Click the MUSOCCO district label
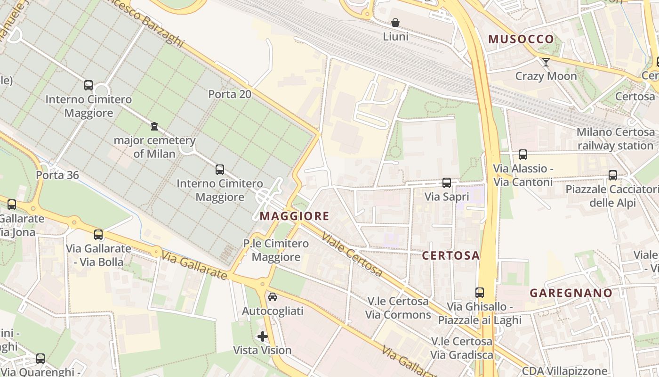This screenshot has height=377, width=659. (521, 39)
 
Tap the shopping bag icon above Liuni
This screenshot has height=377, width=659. (395, 23)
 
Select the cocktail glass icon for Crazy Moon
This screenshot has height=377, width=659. (546, 62)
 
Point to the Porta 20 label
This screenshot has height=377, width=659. (230, 94)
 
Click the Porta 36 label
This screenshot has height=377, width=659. (57, 175)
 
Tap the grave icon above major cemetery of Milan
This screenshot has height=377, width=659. (154, 126)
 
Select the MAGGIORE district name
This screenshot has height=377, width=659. (294, 216)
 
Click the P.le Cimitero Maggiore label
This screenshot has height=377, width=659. (276, 250)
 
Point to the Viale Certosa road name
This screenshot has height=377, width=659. (352, 254)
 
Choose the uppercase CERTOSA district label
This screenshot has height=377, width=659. (450, 255)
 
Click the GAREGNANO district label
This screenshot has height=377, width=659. (571, 293)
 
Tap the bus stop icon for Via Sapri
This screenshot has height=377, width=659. (447, 182)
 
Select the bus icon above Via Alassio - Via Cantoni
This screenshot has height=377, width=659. (522, 155)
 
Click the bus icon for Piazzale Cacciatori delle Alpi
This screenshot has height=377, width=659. (612, 175)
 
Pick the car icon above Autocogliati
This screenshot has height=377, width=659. (273, 297)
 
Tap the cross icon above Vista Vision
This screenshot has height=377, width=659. (263, 336)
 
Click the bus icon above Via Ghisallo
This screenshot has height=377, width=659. (479, 293)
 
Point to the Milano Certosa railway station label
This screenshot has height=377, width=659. (615, 139)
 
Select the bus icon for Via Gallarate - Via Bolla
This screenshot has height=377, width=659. (98, 235)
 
